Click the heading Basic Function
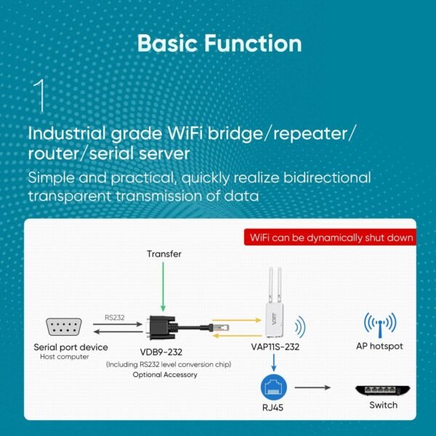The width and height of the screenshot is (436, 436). [x=219, y=43]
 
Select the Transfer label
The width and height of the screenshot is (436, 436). [x=164, y=254]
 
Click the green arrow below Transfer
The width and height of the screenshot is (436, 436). [x=164, y=286]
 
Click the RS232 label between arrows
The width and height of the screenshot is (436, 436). [x=115, y=317]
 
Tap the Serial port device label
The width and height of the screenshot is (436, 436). [x=70, y=347]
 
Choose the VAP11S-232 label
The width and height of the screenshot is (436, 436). [x=275, y=347]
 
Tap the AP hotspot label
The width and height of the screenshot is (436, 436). [x=379, y=347]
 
